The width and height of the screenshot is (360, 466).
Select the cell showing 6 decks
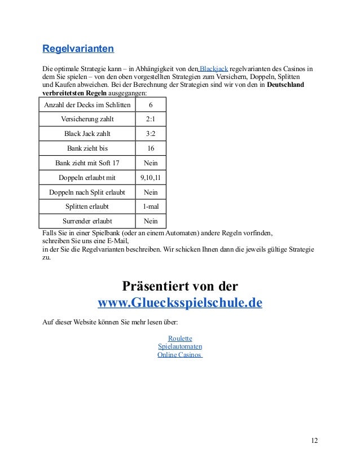pos(150,105)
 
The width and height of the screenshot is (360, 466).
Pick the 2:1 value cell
pos(150,120)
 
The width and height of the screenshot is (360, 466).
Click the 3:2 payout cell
pos(150,134)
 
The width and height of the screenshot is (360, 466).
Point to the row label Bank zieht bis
pos(87,148)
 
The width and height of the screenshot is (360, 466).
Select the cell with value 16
pos(150,148)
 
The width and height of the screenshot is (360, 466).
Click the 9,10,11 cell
pos(150,177)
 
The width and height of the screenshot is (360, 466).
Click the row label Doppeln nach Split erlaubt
pos(87,192)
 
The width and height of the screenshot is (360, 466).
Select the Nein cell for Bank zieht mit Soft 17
pos(150,163)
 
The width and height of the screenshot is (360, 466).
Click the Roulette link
pos(180,338)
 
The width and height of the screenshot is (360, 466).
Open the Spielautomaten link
pos(180,346)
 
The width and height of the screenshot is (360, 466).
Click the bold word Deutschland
pos(285,85)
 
